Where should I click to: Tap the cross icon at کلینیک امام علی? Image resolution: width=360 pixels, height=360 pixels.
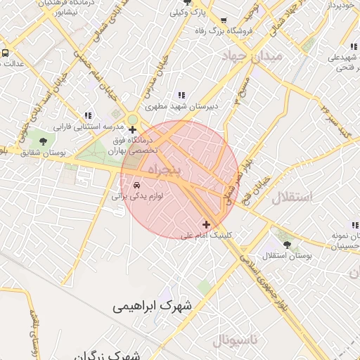click(206, 224)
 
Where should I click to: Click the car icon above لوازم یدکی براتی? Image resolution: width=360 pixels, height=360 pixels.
click(136, 185)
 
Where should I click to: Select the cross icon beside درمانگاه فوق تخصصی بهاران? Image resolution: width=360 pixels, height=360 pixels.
click(133, 129)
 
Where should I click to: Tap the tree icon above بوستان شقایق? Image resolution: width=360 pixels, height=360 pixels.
click(44, 141)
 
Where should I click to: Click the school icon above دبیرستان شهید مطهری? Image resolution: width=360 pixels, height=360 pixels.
click(181, 96)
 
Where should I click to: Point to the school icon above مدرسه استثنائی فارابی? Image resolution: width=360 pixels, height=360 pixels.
click(88, 115)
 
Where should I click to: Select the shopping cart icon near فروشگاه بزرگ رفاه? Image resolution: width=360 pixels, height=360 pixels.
click(224, 20)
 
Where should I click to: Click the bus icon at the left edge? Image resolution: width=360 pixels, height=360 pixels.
click(4, 53)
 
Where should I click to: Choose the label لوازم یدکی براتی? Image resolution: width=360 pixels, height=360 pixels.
click(138, 197)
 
